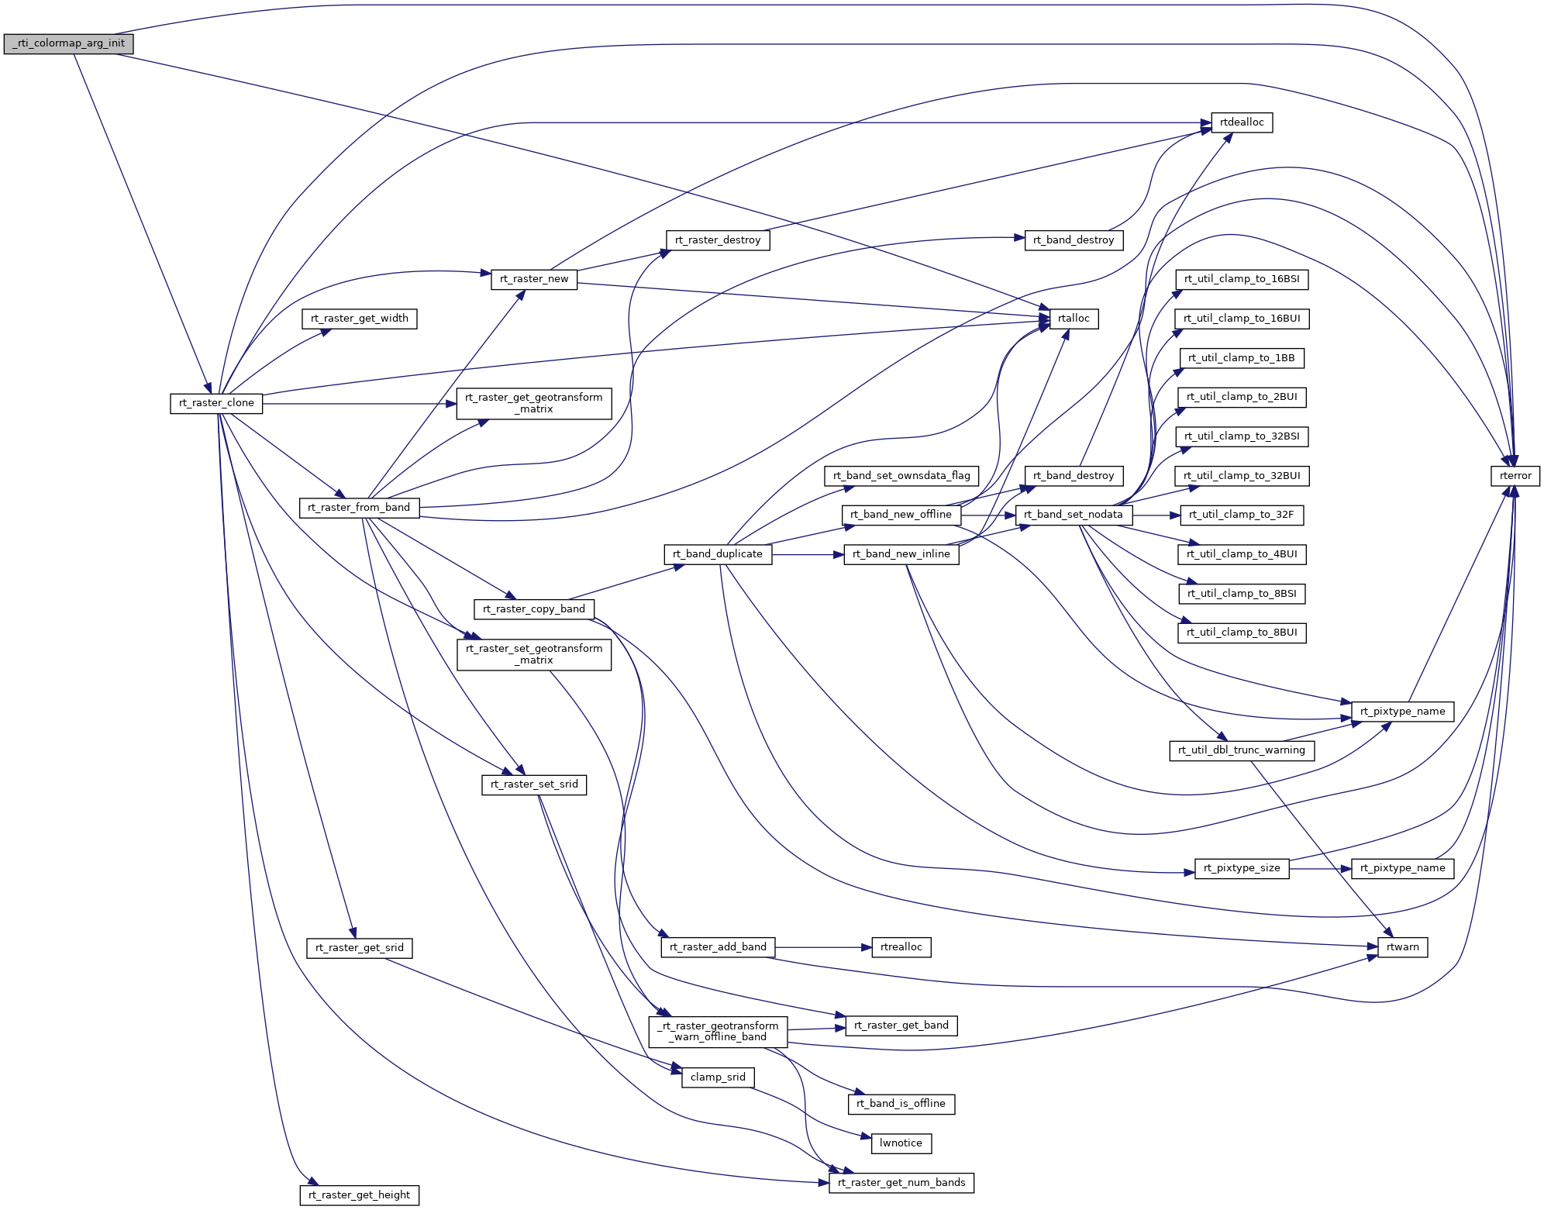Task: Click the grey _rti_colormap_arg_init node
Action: (x=68, y=43)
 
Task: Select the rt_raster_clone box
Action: (x=216, y=403)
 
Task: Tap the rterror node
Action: (x=1515, y=476)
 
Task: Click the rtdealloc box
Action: (x=1242, y=122)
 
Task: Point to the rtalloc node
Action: (x=1074, y=319)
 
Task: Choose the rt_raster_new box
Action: (x=534, y=279)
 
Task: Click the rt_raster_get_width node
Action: (x=360, y=319)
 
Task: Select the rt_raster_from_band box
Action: (x=359, y=508)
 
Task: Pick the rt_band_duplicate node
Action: (x=718, y=554)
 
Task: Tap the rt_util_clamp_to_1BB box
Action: (x=1242, y=358)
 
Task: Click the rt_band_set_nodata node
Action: (x=1074, y=515)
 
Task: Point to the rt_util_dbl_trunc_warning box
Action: (x=1242, y=750)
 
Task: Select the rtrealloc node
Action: (x=901, y=947)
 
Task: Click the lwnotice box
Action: (x=901, y=1143)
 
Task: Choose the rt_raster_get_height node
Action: (x=360, y=1195)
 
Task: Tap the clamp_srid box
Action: (x=718, y=1077)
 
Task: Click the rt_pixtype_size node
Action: (x=1242, y=868)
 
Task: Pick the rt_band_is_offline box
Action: (x=901, y=1104)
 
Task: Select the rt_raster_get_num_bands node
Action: (x=901, y=1183)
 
